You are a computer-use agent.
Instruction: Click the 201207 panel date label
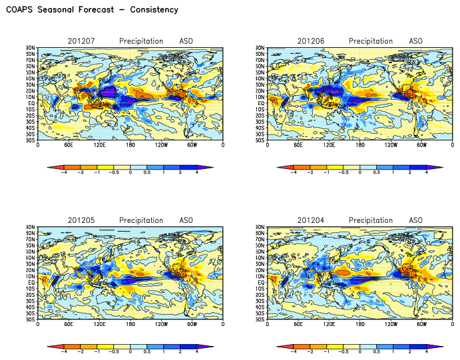[x=81, y=41]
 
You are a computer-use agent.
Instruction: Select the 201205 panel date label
[x=81, y=220]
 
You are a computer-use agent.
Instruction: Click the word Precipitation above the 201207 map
[x=141, y=41]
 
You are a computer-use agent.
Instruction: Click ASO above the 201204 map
[x=415, y=220]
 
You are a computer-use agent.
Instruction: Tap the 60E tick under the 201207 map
[x=68, y=145]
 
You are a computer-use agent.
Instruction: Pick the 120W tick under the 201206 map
[x=391, y=145]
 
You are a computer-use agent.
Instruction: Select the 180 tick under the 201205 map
[x=130, y=324]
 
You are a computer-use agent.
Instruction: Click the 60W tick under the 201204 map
[x=421, y=324]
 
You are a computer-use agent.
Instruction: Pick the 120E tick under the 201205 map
[x=99, y=324]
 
